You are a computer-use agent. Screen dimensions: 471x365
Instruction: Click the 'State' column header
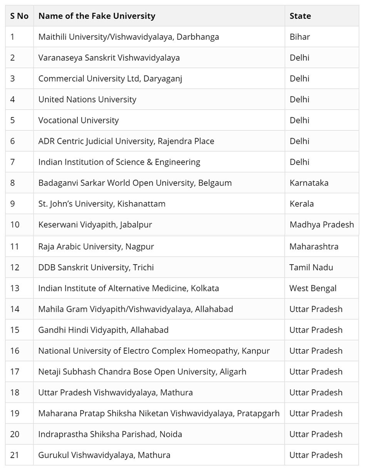pos(300,16)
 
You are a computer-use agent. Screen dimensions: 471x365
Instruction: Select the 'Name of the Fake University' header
pos(97,16)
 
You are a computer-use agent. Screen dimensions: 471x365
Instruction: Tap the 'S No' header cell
pos(19,16)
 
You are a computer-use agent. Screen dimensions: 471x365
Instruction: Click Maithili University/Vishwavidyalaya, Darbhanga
pos(129,37)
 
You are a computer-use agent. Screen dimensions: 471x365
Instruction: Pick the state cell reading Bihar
pos(300,37)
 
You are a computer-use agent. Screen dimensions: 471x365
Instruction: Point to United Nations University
pos(87,100)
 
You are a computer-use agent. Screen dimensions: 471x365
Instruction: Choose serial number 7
pos(13,162)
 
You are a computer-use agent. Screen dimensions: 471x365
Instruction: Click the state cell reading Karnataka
pos(309,183)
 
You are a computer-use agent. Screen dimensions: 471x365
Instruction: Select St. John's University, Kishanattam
pos(102,204)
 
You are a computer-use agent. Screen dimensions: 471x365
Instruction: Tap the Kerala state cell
pos(301,204)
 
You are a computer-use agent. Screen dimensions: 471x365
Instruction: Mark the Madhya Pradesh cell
pos(321,225)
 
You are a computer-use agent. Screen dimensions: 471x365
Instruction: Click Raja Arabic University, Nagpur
pos(96,246)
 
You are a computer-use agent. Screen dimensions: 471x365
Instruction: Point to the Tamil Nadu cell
pos(311,267)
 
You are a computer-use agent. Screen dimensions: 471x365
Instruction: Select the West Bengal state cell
pos(313,288)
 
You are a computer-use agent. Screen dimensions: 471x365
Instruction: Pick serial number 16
pos(15,351)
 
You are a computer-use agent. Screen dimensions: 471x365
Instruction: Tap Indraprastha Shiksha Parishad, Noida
pos(110,434)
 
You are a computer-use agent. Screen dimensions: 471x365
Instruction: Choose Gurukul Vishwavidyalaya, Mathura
pos(104,455)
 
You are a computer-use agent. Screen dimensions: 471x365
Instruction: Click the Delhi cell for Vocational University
pos(299,120)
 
